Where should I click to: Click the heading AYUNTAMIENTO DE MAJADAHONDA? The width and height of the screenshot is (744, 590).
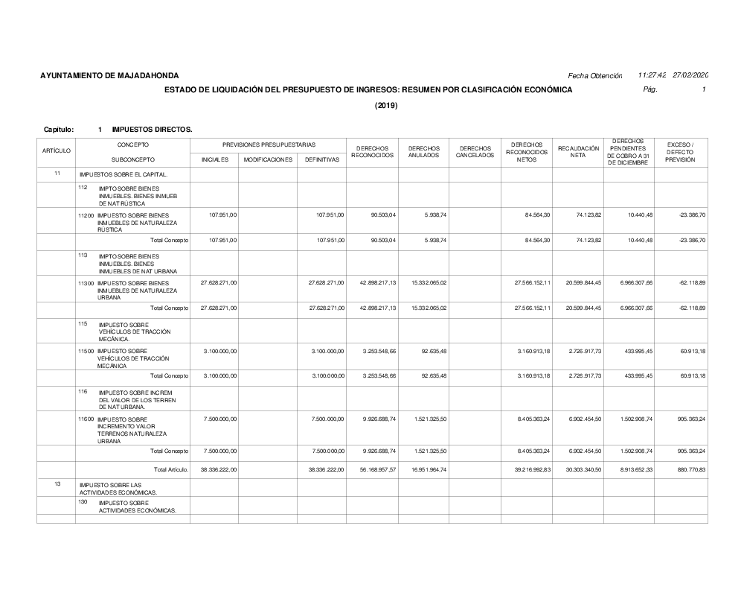(109, 76)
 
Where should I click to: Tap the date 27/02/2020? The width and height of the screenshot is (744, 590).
(690, 76)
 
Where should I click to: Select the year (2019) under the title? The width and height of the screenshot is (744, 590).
(386, 106)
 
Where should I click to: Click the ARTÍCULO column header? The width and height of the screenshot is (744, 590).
(57, 151)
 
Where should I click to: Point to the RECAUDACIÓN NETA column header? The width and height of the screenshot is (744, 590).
(578, 152)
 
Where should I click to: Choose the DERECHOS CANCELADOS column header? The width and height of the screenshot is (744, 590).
(475, 152)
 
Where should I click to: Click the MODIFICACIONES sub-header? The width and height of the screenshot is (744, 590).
(268, 159)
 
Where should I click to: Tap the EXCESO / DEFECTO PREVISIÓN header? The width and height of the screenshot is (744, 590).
(680, 152)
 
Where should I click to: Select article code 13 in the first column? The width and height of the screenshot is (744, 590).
(57, 484)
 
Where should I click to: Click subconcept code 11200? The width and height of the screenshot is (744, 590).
(86, 215)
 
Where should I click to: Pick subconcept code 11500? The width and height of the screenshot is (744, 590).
(86, 350)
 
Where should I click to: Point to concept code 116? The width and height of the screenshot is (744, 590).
(83, 391)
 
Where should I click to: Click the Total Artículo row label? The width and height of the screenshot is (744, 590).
(171, 469)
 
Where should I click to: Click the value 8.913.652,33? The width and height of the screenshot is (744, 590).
(635, 469)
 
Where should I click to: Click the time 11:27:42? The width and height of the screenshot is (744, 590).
(652, 76)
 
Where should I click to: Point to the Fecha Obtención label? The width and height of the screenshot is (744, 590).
(594, 76)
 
